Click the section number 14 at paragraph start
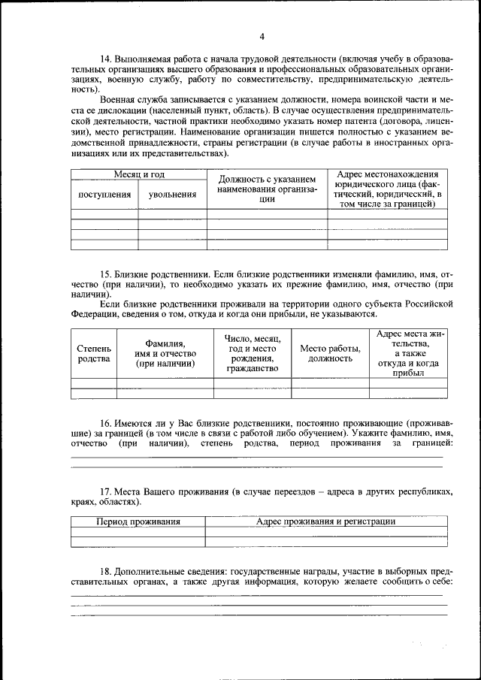click(x=105, y=59)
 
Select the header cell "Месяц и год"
click(x=139, y=174)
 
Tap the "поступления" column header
click(x=104, y=194)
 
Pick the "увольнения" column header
click(x=172, y=194)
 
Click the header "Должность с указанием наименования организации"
click(x=267, y=189)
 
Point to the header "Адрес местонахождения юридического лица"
click(x=387, y=189)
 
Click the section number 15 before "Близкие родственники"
click(x=105, y=276)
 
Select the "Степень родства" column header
click(x=94, y=353)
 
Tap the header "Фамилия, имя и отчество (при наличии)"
click(x=165, y=353)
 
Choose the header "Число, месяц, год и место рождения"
click(x=253, y=353)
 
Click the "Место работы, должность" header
click(x=330, y=353)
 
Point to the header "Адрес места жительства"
click(x=407, y=352)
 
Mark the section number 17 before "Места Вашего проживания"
click(x=105, y=491)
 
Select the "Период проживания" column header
click(x=138, y=521)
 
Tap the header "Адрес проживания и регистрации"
click(x=325, y=521)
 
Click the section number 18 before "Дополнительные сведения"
click(x=105, y=572)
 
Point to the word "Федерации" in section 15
click(x=94, y=314)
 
